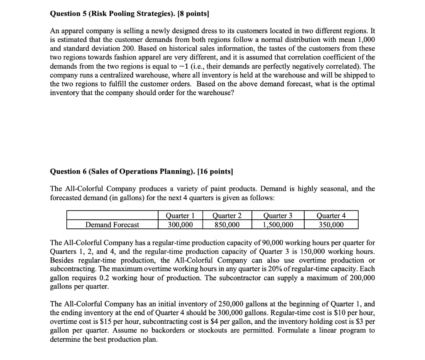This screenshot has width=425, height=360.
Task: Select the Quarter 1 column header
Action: click(x=180, y=215)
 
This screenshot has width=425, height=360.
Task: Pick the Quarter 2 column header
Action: click(x=227, y=215)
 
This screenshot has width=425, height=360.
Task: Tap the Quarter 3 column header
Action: click(x=278, y=215)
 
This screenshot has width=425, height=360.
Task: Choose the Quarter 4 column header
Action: click(x=331, y=215)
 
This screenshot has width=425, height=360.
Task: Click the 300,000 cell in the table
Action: click(x=180, y=225)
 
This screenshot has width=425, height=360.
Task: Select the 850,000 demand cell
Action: click(x=227, y=225)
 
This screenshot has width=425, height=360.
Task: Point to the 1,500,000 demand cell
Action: click(x=278, y=225)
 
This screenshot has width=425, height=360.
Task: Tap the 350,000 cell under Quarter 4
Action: click(x=331, y=225)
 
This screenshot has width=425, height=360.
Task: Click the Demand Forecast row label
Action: click(x=112, y=225)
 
